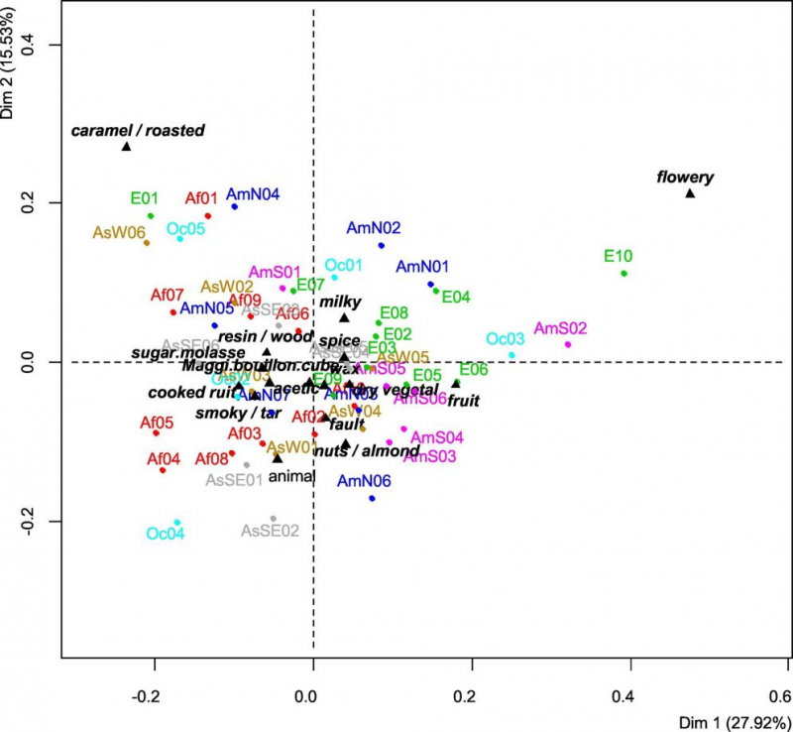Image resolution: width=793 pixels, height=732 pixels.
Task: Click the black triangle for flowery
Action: (x=690, y=192)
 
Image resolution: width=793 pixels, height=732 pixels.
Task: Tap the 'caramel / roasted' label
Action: (x=138, y=130)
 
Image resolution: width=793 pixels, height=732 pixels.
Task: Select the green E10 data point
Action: (x=623, y=274)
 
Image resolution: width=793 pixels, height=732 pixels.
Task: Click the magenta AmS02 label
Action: (x=560, y=328)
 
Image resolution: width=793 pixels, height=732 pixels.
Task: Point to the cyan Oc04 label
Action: (x=166, y=533)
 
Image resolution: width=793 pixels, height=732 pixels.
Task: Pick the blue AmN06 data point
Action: (x=372, y=498)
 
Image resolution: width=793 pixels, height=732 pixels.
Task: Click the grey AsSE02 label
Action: (x=271, y=531)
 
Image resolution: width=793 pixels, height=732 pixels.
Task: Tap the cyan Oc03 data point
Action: (x=511, y=355)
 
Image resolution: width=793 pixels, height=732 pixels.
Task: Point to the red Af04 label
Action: (x=164, y=459)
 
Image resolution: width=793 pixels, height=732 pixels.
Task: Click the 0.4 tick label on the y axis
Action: (x=46, y=45)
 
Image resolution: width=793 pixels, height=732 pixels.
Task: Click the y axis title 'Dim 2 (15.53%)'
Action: (x=10, y=60)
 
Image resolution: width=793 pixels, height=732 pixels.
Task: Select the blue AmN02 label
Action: (x=373, y=227)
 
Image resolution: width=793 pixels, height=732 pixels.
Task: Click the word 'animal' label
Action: (x=291, y=476)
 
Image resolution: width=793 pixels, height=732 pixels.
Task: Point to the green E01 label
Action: (x=145, y=197)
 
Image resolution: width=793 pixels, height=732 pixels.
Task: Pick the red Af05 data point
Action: (x=156, y=433)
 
